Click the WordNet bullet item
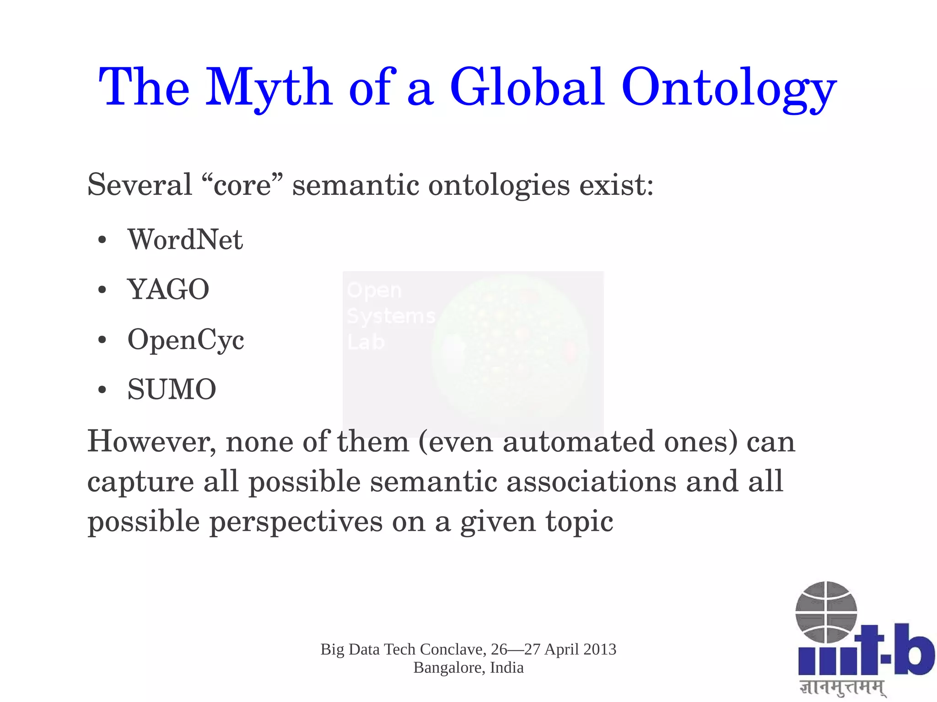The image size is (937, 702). [x=185, y=239]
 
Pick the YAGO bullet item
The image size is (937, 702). [x=168, y=289]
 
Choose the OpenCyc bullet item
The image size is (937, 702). [x=186, y=340]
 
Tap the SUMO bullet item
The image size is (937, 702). [x=172, y=389]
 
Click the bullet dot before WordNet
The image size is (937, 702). [x=102, y=241]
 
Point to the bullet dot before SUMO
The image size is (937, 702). [x=102, y=390]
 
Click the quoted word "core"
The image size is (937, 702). [x=242, y=185]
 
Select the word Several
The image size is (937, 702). [x=140, y=185]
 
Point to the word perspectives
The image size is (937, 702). [x=296, y=521]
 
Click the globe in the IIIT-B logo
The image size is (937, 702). [x=826, y=612]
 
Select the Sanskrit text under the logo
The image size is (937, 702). [x=842, y=688]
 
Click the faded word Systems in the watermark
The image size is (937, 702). [x=391, y=316]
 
